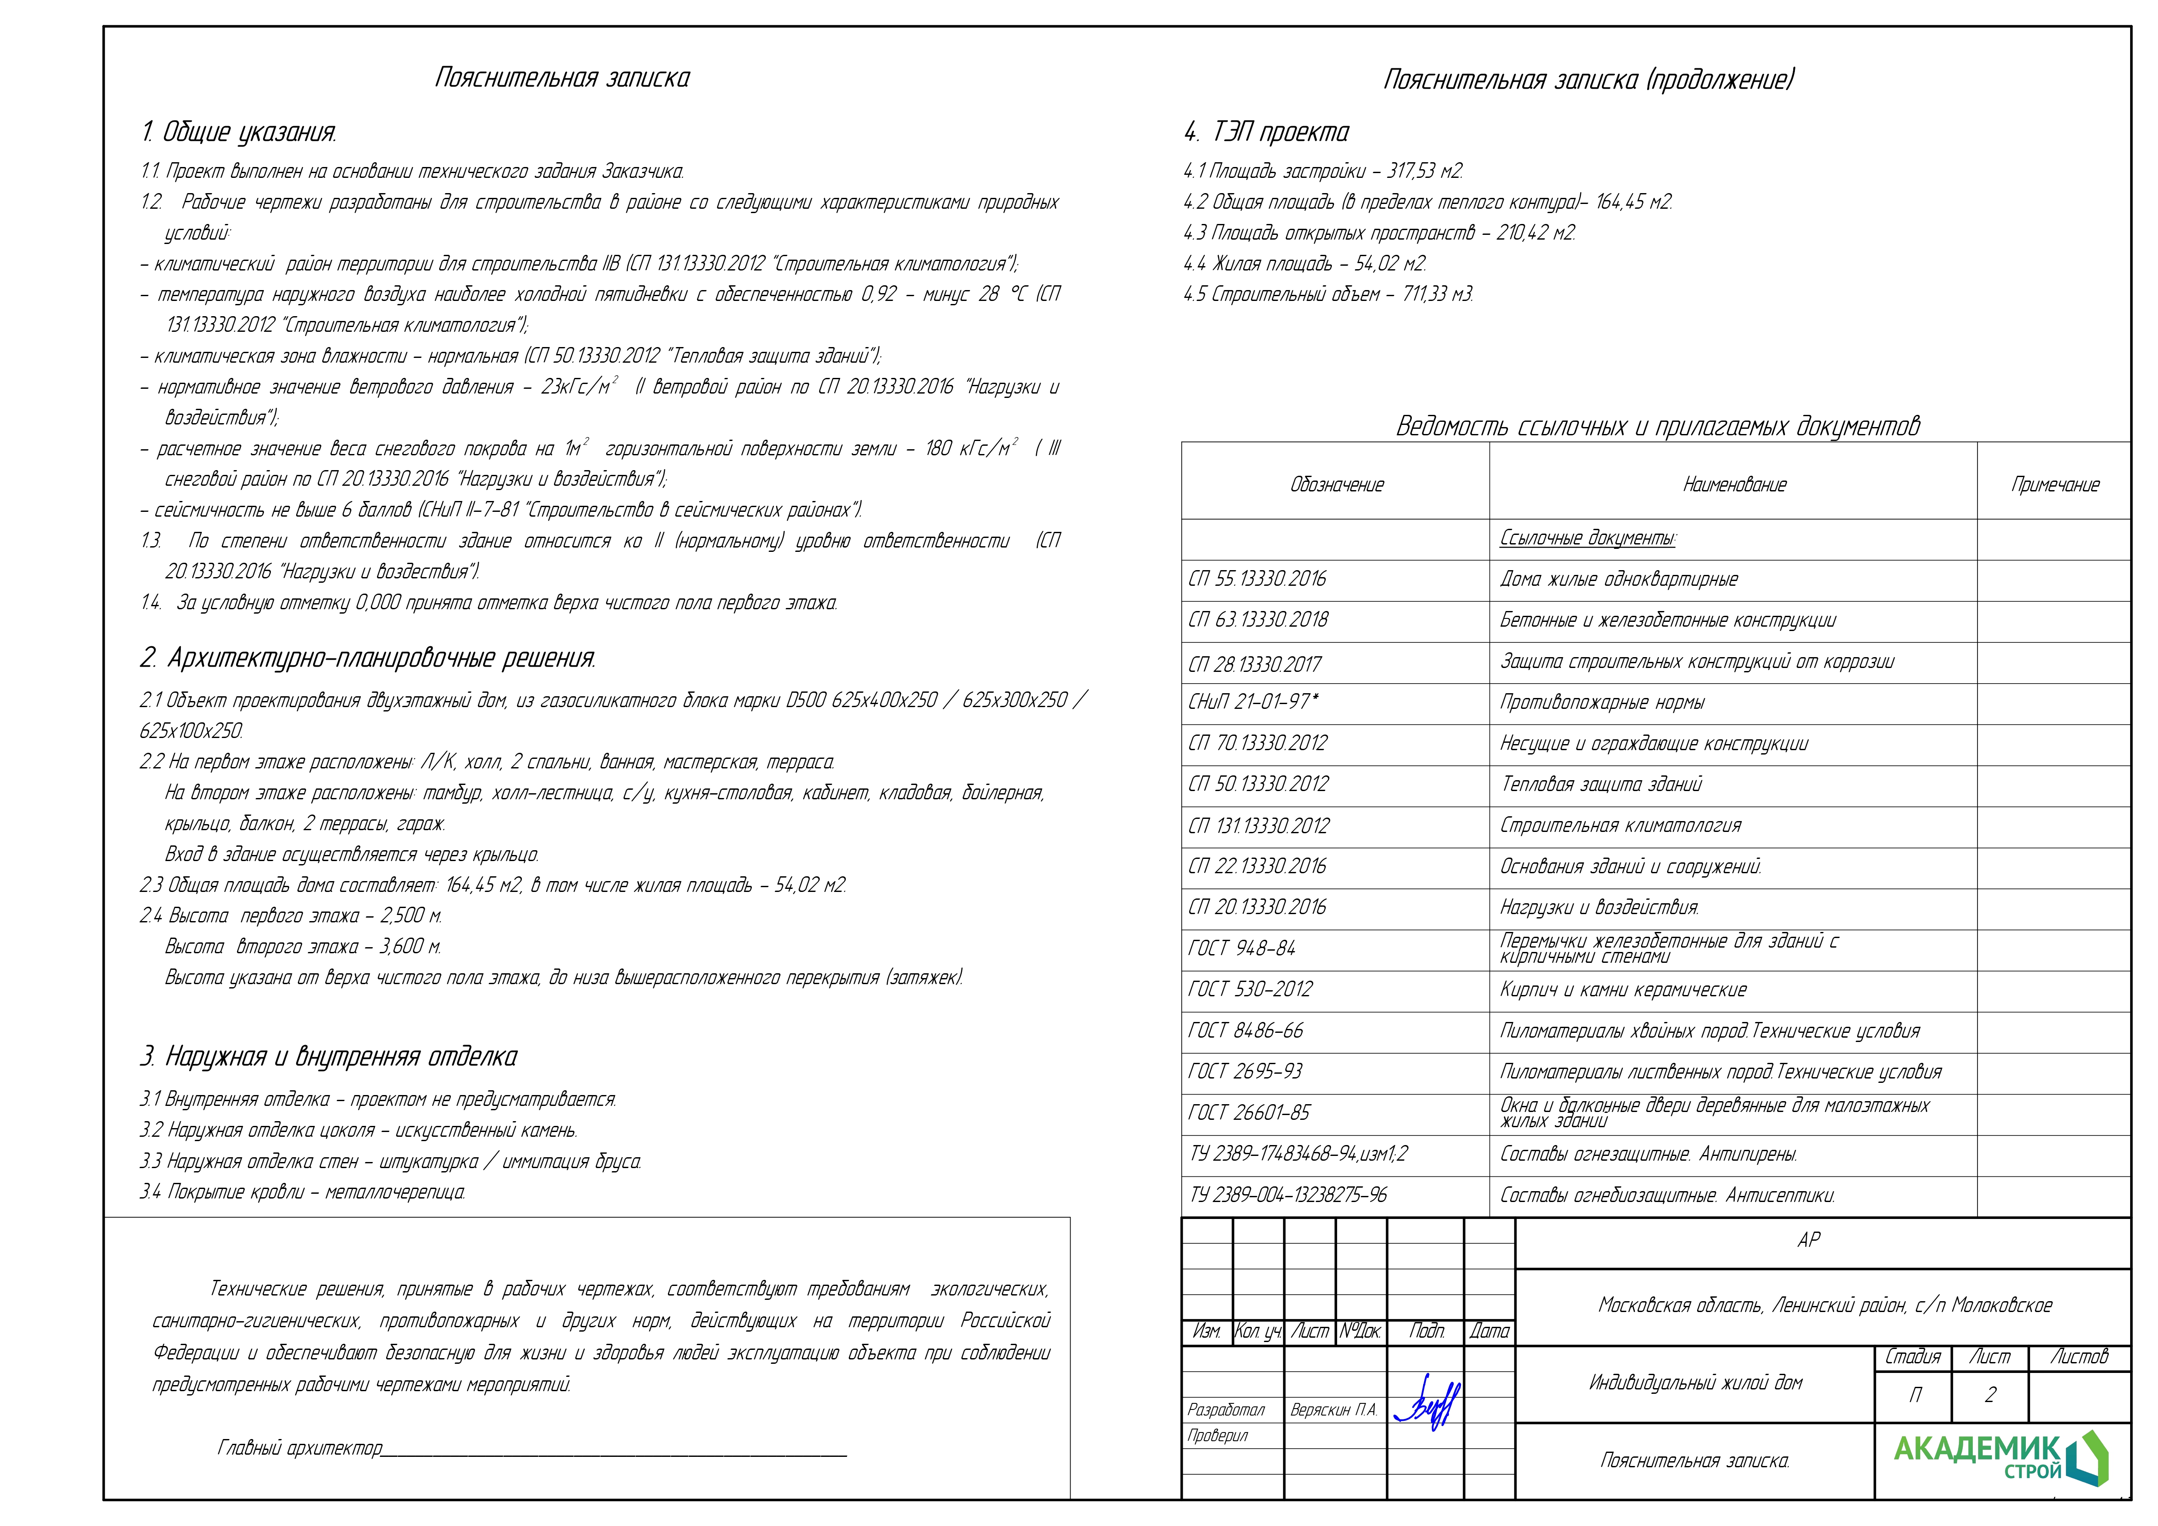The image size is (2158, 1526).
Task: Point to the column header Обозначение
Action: tap(1337, 485)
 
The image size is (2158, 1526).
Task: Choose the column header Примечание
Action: tap(2055, 485)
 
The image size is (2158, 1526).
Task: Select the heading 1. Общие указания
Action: tap(239, 133)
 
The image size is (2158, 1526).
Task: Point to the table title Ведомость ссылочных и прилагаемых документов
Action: tap(1657, 426)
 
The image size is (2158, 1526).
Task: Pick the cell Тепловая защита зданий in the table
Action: tap(1601, 784)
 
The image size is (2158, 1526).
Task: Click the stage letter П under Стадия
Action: tap(1915, 1395)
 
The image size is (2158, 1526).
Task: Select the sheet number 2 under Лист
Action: tap(1990, 1395)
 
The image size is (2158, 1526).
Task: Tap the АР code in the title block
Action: tap(1808, 1240)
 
